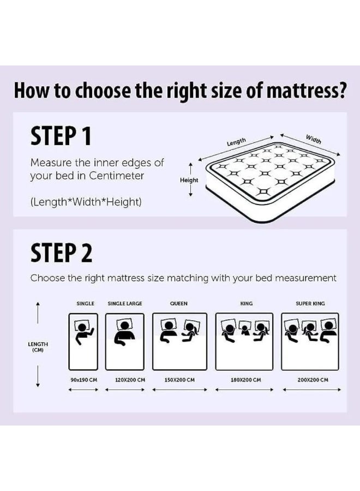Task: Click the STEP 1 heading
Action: (61, 136)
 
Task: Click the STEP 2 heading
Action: (61, 253)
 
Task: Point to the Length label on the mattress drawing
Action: (236, 142)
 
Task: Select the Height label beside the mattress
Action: (189, 180)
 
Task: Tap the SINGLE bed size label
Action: (85, 303)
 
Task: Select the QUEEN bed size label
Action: (179, 303)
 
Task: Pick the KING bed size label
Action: (247, 303)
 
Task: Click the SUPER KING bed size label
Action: (310, 303)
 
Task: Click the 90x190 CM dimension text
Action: (83, 380)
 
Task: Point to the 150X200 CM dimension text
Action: (179, 380)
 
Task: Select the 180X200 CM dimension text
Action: (245, 380)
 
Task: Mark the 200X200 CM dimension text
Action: (313, 380)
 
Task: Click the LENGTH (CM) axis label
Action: (38, 347)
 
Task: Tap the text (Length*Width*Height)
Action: (86, 202)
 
